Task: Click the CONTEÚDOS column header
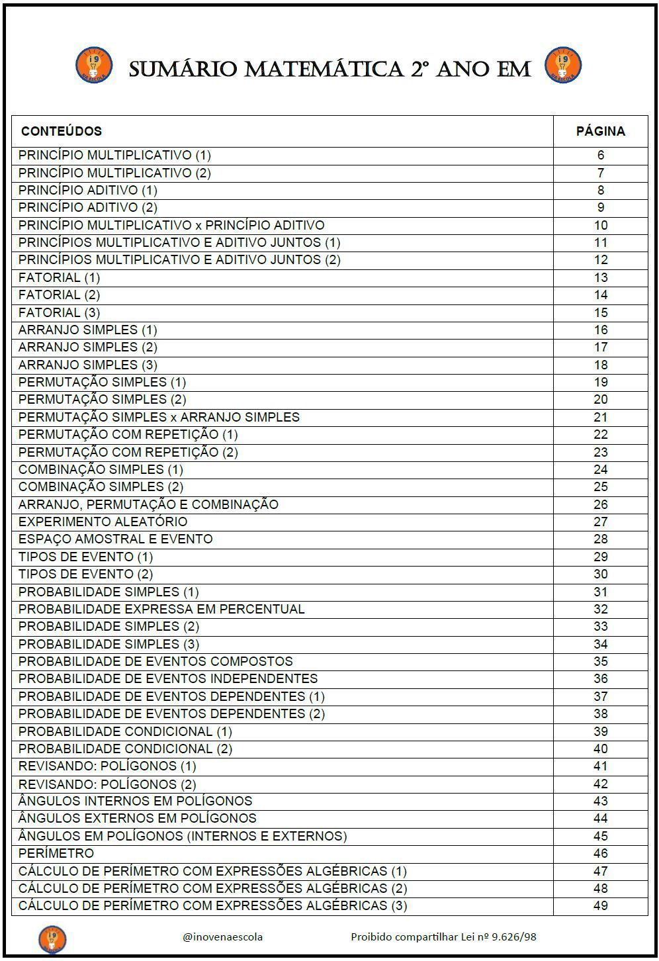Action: click(x=62, y=131)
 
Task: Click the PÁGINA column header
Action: click(x=600, y=131)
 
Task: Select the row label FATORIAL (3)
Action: click(x=60, y=312)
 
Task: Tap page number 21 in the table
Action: click(x=600, y=418)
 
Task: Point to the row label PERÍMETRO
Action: click(x=56, y=853)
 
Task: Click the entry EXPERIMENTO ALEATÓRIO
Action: click(x=103, y=522)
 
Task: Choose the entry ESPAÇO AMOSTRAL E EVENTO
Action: click(x=116, y=539)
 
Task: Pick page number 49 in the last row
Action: click(x=600, y=905)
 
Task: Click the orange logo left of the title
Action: click(x=94, y=66)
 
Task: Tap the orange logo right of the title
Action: click(x=562, y=66)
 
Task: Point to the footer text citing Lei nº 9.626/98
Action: click(x=443, y=937)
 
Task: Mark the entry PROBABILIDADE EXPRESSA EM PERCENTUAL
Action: click(x=161, y=609)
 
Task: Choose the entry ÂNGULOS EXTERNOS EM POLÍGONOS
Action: click(x=138, y=818)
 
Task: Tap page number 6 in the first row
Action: click(x=600, y=156)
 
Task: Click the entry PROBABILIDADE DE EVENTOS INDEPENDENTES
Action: click(x=168, y=678)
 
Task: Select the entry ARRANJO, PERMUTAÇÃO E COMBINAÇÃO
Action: click(x=148, y=504)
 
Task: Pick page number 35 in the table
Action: click(x=600, y=661)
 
